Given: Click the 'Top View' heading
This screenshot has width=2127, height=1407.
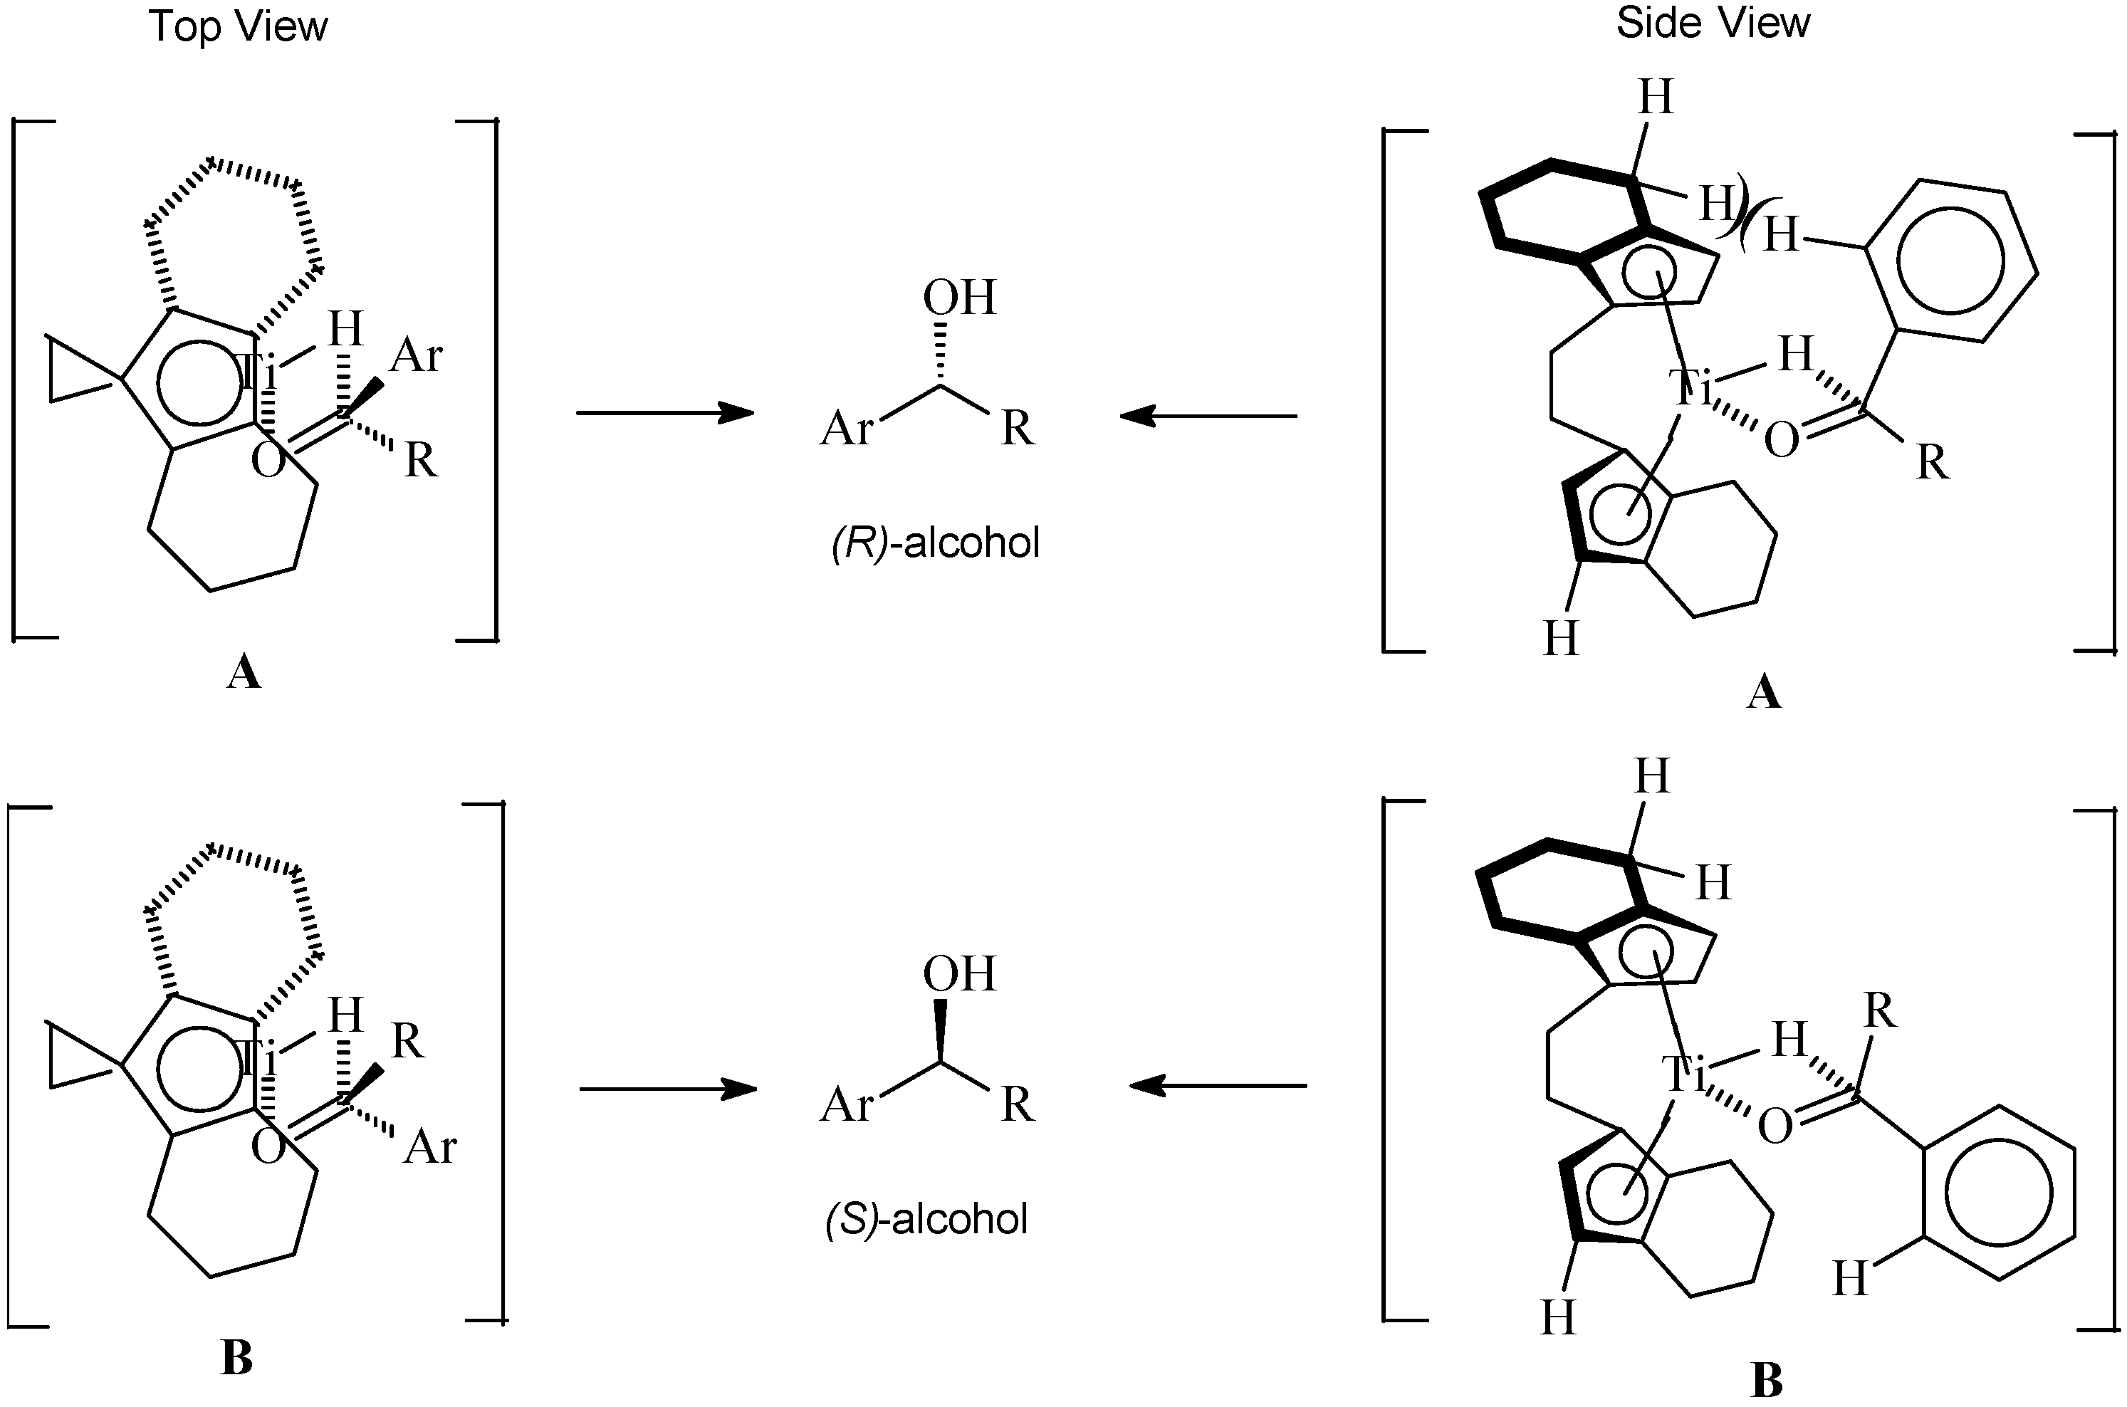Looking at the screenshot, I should tap(238, 27).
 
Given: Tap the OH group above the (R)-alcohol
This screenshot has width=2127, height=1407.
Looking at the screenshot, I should tap(959, 298).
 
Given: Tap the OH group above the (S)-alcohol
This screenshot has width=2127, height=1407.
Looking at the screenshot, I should tap(959, 975).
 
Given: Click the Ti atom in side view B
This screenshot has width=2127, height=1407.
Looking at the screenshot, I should tap(1684, 1074).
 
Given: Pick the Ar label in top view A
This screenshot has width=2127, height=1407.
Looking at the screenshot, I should tap(417, 356).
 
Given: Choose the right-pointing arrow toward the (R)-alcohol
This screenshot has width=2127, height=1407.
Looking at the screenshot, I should tap(664, 413).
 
